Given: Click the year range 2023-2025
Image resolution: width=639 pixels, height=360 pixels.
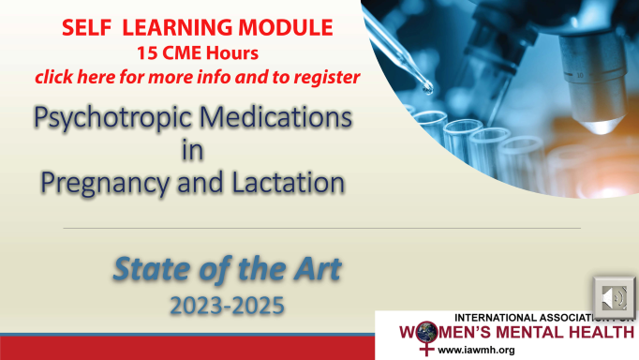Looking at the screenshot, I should click(x=228, y=304).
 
